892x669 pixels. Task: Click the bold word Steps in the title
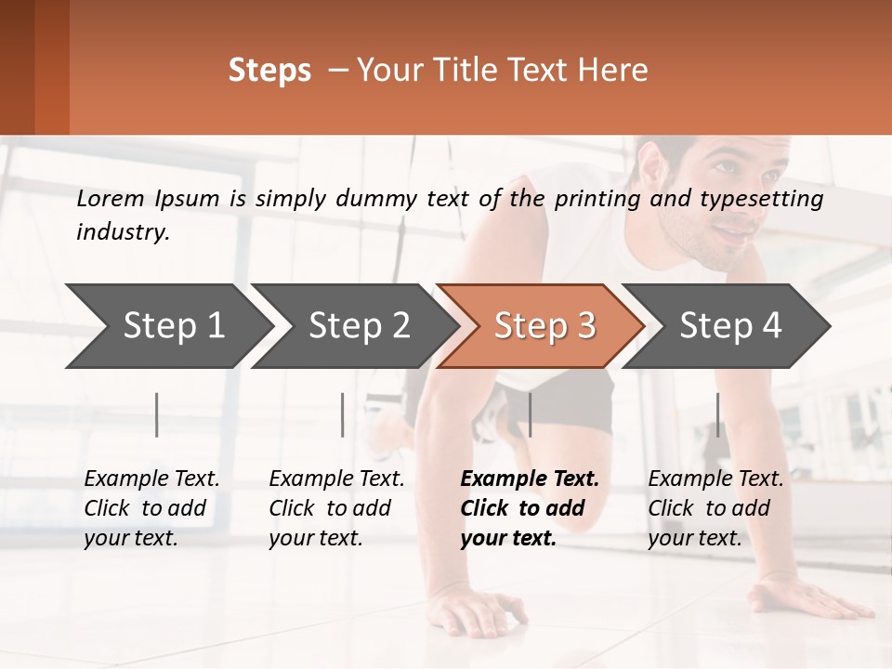pos(269,71)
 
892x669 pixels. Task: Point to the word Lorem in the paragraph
pos(111,198)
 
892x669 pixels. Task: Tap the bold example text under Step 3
pos(528,508)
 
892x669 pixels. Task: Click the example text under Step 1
pos(151,508)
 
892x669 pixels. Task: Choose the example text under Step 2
pos(336,508)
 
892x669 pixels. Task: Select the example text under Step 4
pos(715,508)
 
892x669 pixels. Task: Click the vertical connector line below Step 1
pos(157,414)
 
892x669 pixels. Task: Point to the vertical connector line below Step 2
pos(343,414)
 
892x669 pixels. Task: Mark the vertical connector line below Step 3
pos(530,414)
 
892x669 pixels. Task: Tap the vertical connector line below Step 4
pos(717,414)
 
